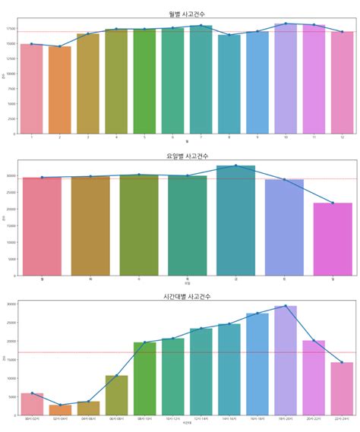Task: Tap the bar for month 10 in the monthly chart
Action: click(285, 79)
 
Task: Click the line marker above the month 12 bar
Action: click(342, 32)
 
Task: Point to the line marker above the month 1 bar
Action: click(32, 44)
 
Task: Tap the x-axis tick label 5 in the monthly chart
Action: click(144, 137)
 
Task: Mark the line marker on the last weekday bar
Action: click(333, 203)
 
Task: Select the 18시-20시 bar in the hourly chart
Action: click(285, 361)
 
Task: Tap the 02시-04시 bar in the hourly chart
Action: click(60, 410)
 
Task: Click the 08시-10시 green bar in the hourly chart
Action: click(144, 379)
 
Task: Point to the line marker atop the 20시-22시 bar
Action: click(313, 340)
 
